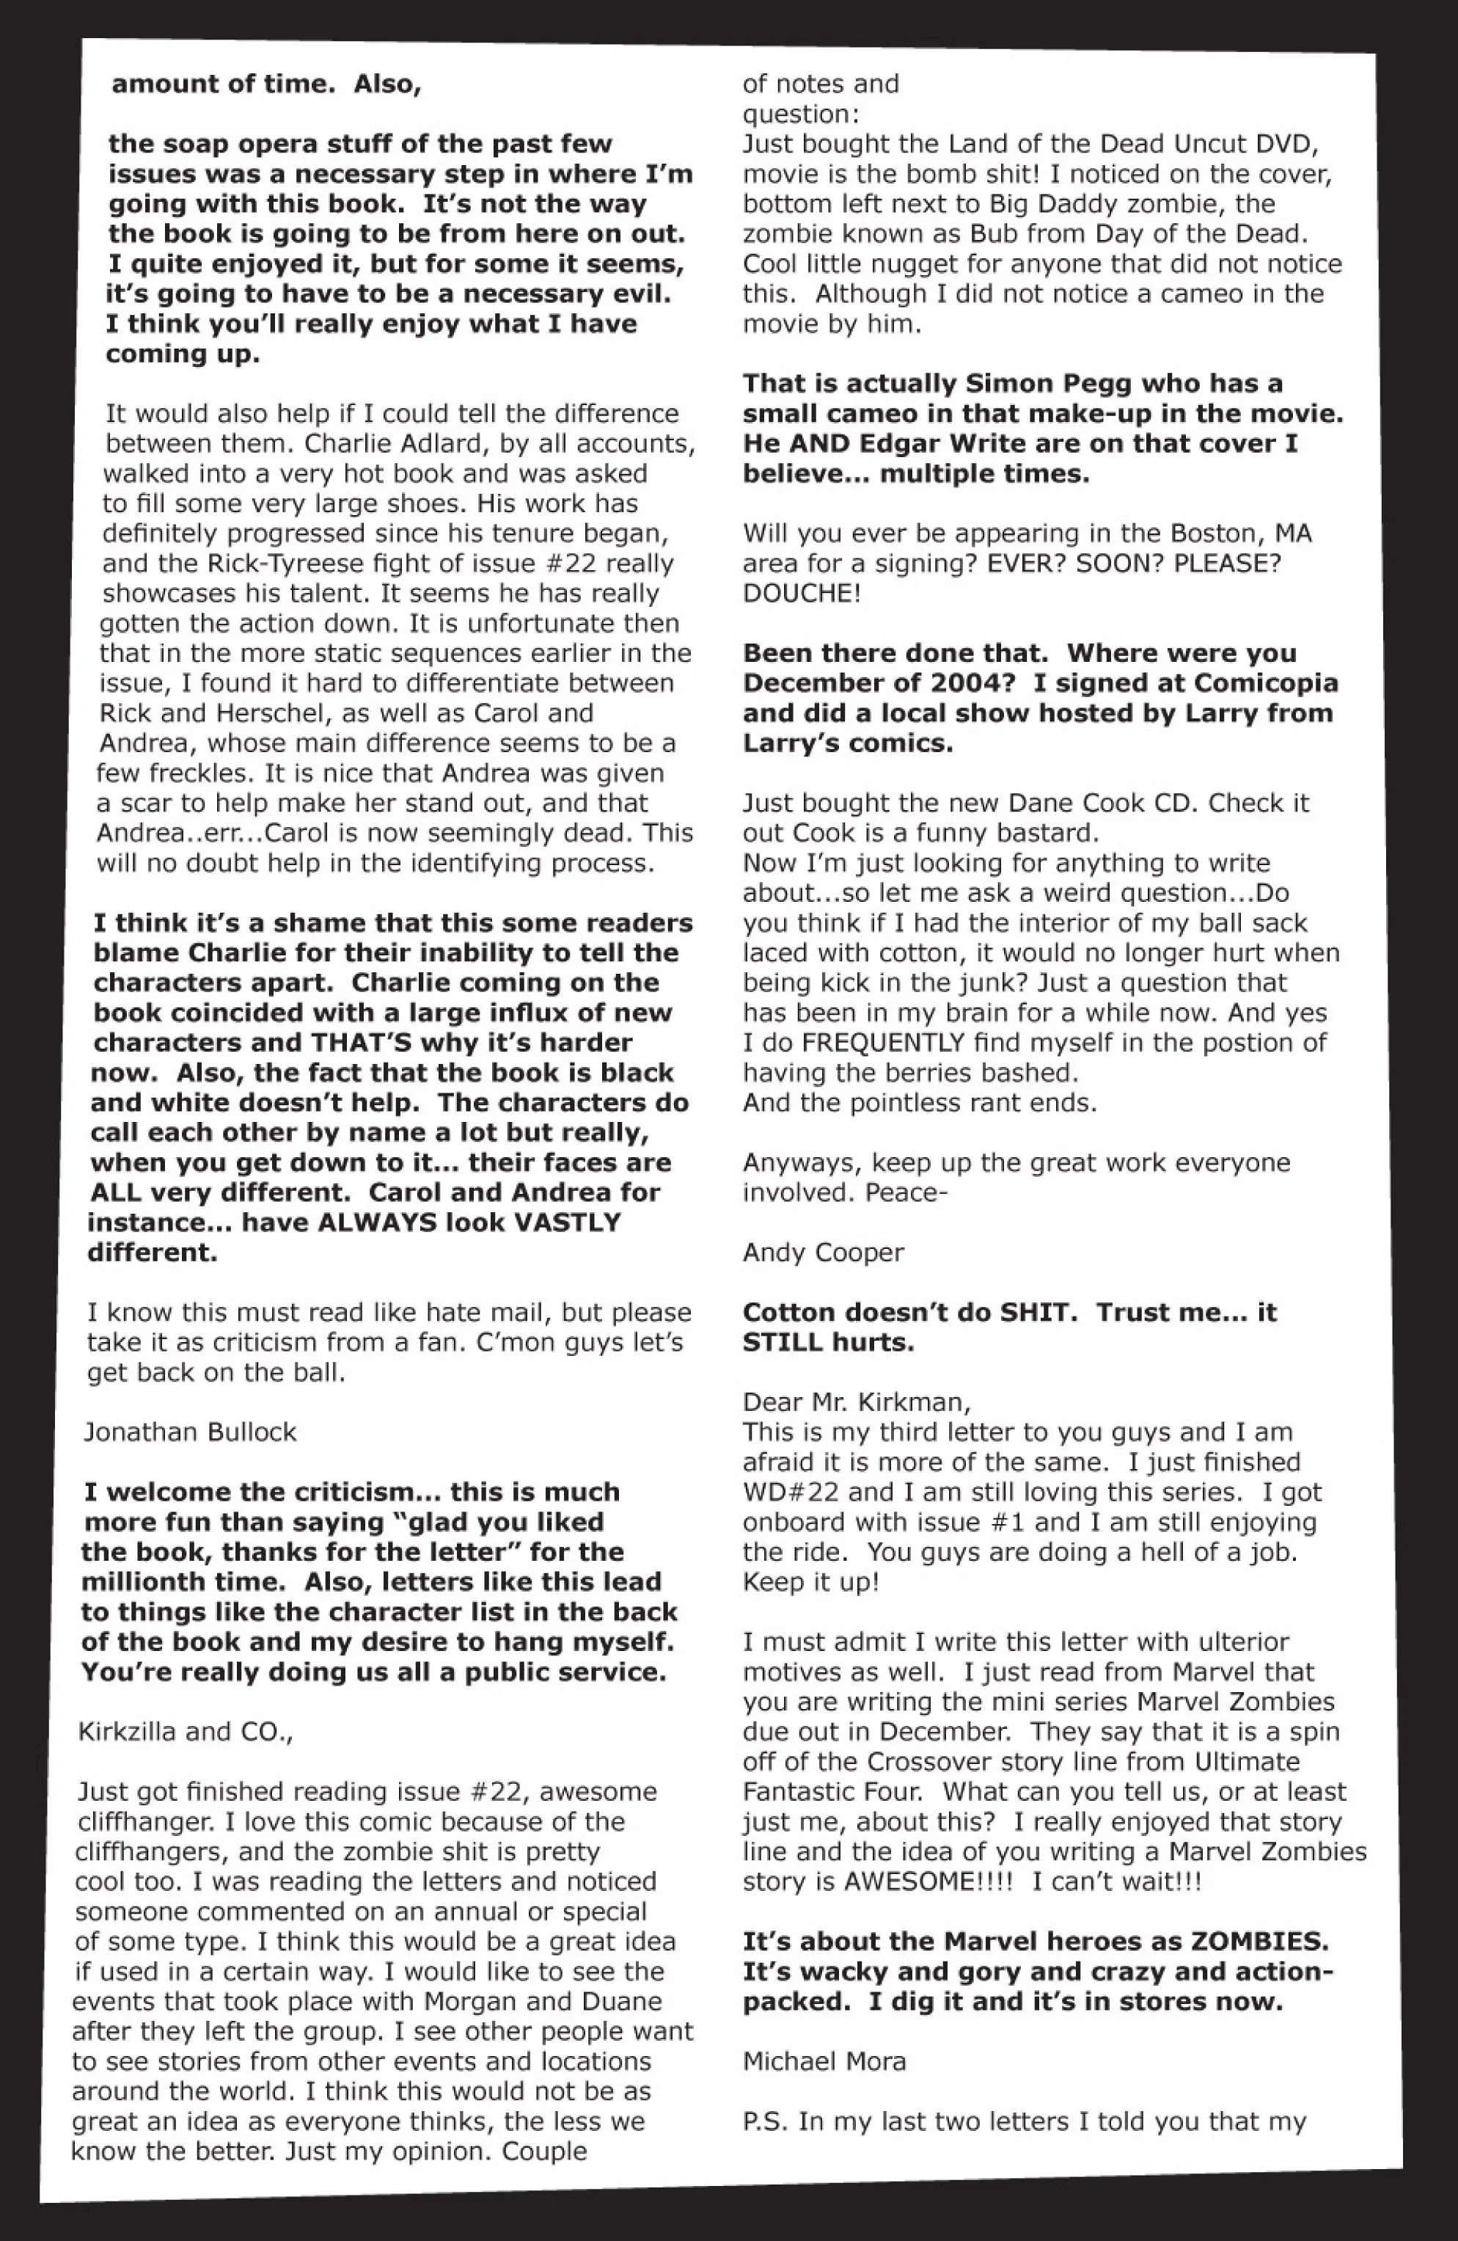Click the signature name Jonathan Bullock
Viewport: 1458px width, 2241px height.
(x=190, y=1432)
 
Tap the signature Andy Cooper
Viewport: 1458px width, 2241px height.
(x=823, y=1253)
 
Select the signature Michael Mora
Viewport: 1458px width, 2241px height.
(x=824, y=2062)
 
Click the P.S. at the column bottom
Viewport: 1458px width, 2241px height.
(x=764, y=2122)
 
